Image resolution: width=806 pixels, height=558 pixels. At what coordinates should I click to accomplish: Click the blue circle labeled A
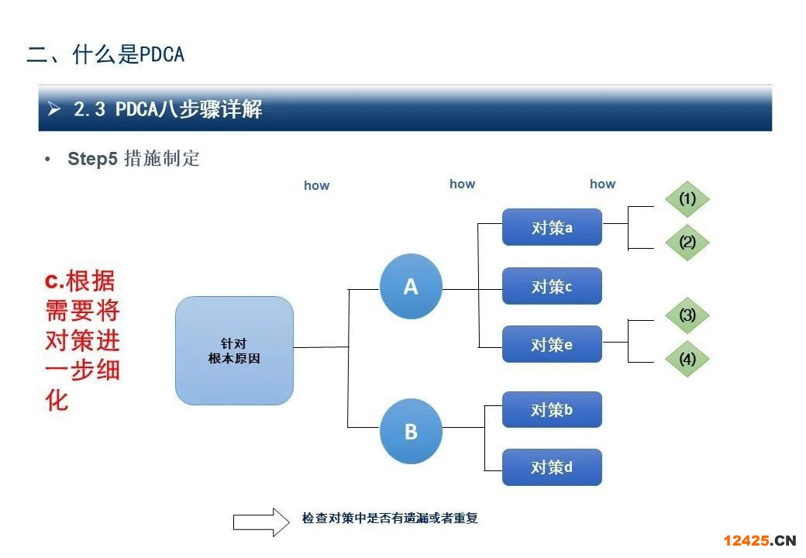coord(411,286)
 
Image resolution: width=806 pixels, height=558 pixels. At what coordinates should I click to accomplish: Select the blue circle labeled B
coord(411,432)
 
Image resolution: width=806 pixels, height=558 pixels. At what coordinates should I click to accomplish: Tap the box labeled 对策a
coord(552,227)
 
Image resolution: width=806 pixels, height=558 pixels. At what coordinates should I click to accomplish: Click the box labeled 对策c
coord(552,286)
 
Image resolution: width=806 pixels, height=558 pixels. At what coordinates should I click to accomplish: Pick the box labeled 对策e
coord(552,344)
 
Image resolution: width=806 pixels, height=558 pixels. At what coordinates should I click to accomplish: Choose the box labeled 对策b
coord(552,409)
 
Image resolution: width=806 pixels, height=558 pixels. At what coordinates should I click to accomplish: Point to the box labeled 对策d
coord(552,467)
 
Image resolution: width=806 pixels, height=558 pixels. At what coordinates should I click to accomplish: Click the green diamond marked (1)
coord(687,199)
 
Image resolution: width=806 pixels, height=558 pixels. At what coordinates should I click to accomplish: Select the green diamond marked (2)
coord(687,242)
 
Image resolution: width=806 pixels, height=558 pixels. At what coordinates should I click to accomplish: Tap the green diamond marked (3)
coord(687,315)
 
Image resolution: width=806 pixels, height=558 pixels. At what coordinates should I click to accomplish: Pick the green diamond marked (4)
coord(687,359)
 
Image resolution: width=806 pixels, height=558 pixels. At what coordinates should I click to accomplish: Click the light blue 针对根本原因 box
coord(234,350)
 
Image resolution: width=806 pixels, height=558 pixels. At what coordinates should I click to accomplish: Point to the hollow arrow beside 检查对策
coord(262,522)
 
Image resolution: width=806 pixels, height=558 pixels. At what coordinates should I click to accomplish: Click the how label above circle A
coord(462,184)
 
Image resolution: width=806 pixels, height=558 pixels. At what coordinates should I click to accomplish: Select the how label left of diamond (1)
coord(602,184)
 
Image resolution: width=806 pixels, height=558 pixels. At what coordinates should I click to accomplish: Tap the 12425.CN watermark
coord(759,540)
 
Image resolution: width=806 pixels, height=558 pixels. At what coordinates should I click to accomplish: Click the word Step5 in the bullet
coord(92,159)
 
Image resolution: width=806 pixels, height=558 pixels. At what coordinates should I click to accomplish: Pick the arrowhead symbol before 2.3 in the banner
coord(54,108)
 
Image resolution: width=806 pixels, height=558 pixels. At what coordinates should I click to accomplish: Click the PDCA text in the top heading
coord(162,54)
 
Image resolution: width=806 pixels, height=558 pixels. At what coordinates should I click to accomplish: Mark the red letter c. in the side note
coord(54,281)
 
